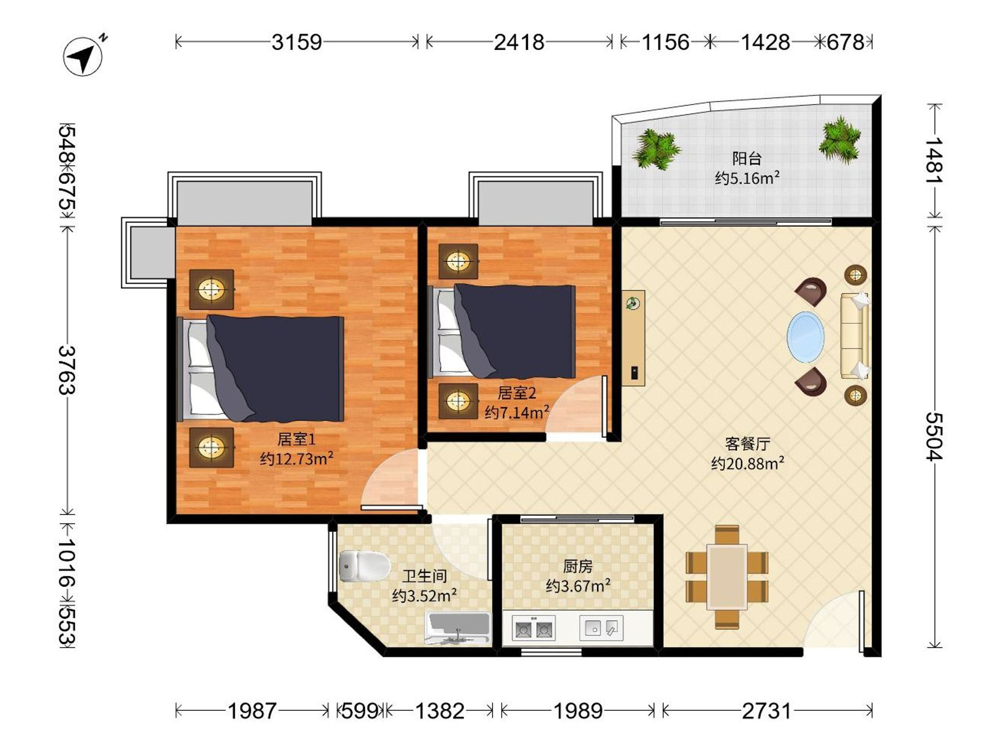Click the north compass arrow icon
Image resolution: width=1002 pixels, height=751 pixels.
click(x=83, y=56)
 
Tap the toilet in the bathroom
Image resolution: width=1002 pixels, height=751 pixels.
click(x=364, y=566)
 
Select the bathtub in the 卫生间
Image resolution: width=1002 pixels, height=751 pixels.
click(x=458, y=628)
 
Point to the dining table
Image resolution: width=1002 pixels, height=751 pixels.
click(x=727, y=577)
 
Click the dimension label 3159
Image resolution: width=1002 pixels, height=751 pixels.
click(x=297, y=42)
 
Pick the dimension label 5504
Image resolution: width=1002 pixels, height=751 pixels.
click(x=934, y=436)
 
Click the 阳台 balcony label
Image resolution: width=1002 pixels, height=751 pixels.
click(x=747, y=159)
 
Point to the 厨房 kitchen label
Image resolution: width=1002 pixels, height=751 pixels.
click(x=577, y=566)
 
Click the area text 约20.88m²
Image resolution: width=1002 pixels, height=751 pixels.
click(x=747, y=464)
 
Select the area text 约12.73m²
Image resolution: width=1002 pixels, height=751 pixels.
click(x=297, y=459)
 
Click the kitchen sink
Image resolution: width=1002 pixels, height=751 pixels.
click(x=601, y=628)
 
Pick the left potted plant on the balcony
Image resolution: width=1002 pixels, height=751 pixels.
click(x=655, y=149)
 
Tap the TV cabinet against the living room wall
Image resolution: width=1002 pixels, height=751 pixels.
click(x=633, y=338)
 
